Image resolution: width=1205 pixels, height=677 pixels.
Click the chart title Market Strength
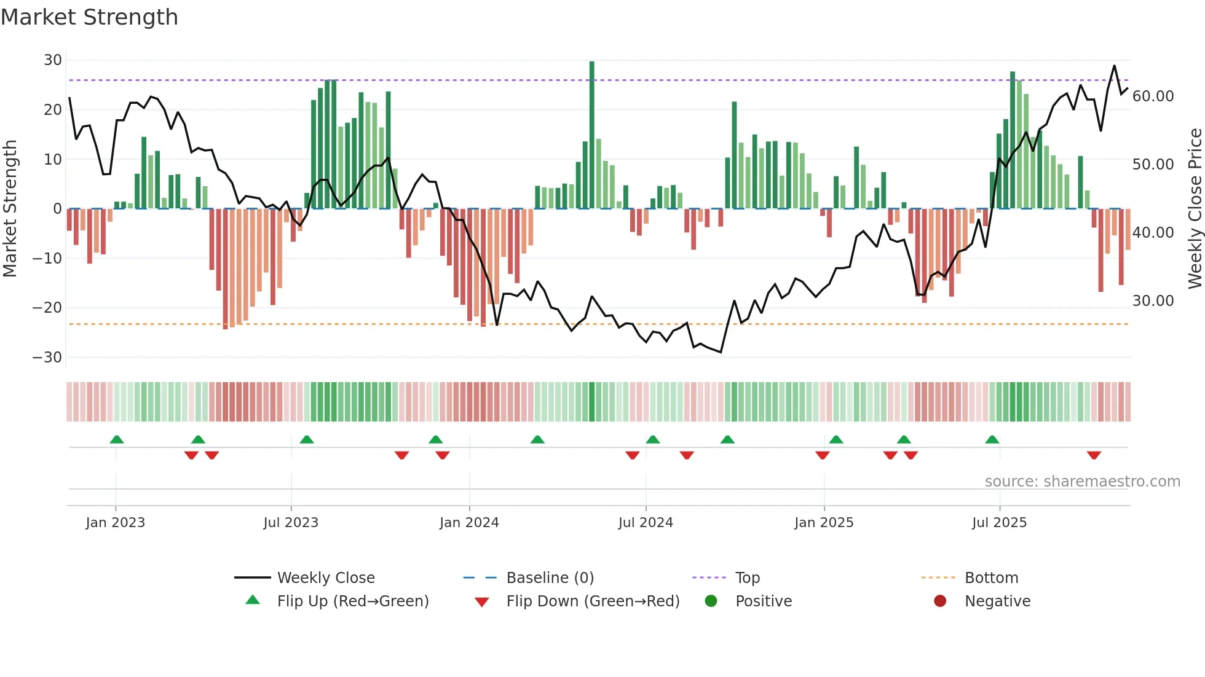tap(89, 17)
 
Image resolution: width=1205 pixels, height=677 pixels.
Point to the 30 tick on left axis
tap(53, 60)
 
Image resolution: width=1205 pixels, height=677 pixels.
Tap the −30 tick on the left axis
tap(47, 358)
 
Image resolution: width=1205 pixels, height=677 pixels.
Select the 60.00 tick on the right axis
tap(1153, 96)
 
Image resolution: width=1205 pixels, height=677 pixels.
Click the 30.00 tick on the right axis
tap(1153, 301)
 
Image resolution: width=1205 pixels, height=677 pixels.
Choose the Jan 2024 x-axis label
tap(469, 523)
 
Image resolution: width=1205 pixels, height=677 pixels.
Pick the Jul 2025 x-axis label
tap(999, 523)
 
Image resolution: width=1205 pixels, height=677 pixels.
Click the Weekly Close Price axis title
tap(1195, 209)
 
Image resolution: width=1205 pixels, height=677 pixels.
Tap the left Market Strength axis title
tap(10, 209)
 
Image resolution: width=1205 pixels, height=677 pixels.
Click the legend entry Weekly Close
tap(325, 578)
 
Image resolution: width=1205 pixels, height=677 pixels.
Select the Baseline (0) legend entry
tap(550, 578)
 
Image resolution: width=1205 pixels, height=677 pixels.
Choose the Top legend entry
tap(747, 578)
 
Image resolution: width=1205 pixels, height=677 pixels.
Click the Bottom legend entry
tap(991, 578)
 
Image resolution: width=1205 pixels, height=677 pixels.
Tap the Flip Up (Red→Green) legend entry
tap(352, 601)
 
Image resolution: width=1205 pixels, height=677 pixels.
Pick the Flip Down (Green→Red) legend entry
tap(593, 601)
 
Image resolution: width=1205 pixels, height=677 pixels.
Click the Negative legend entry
tap(997, 601)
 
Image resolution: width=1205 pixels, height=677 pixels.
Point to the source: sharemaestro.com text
tap(1082, 482)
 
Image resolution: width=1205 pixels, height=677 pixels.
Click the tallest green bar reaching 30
tap(591, 135)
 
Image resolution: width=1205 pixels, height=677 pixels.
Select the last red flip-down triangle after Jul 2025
tap(1094, 455)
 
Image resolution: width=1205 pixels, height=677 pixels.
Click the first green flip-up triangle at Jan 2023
tap(117, 439)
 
